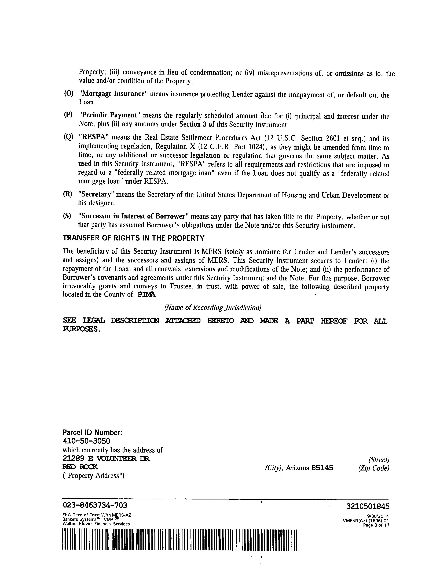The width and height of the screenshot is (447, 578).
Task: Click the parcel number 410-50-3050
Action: [86, 441]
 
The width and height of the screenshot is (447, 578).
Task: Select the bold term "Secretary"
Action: [96, 194]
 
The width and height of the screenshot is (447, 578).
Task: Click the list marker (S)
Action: [67, 216]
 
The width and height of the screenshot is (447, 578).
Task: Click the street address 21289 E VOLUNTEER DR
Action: [106, 458]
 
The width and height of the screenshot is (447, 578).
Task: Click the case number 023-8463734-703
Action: [95, 505]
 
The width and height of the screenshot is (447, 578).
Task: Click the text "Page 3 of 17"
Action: [376, 525]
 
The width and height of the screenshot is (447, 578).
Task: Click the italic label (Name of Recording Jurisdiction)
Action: [213, 307]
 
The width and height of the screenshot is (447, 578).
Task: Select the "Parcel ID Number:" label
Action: [92, 432]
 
